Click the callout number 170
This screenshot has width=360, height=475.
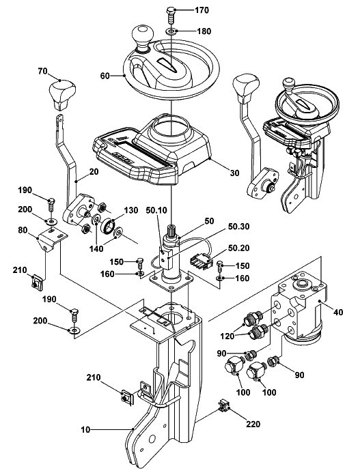[x=202, y=10]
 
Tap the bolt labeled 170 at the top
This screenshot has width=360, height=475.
[x=170, y=14]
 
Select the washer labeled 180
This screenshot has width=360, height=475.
[x=171, y=31]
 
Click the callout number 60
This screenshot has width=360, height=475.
[x=105, y=76]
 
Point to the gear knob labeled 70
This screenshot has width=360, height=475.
[x=63, y=94]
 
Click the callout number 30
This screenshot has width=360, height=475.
[x=234, y=173]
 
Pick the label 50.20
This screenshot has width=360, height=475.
[x=239, y=248]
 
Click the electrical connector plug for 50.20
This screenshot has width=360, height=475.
[x=201, y=261]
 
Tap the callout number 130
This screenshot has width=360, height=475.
[x=131, y=210]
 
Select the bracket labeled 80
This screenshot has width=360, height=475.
[x=51, y=240]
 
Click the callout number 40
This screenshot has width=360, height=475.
[x=338, y=312]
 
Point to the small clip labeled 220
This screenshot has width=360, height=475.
[x=223, y=406]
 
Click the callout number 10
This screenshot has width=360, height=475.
[x=85, y=429]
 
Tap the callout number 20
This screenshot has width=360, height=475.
[x=94, y=172]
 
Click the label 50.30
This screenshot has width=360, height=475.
[x=238, y=227]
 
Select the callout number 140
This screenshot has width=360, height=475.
[x=96, y=248]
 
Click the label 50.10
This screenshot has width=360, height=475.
[x=156, y=210]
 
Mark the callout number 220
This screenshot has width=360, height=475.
[x=253, y=424]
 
